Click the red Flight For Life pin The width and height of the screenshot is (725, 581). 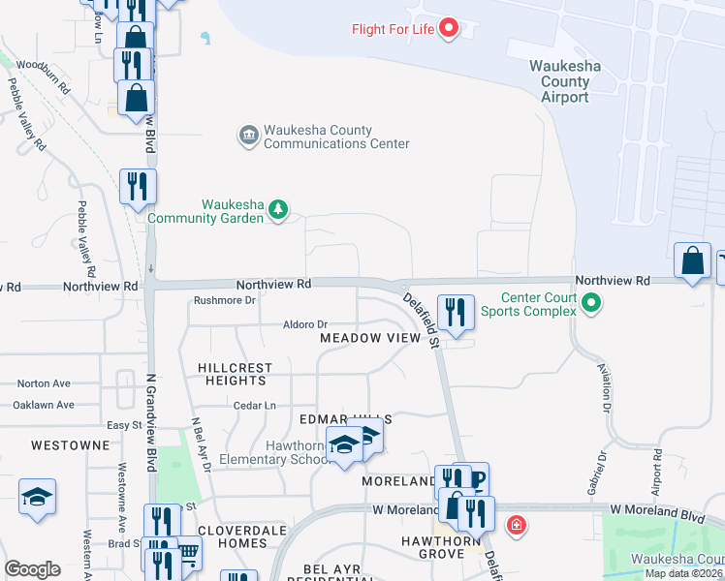449,28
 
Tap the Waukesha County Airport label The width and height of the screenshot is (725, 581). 566,81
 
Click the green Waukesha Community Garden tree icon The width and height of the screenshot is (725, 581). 278,208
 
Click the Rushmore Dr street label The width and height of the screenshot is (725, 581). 223,300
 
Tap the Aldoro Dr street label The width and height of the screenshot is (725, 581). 305,324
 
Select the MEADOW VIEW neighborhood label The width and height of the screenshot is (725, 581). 371,338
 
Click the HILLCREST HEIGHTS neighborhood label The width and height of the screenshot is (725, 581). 236,375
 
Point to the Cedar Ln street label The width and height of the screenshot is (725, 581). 254,405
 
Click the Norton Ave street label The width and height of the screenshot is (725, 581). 44,383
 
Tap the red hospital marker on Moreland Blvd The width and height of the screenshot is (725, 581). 518,525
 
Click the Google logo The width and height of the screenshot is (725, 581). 32,568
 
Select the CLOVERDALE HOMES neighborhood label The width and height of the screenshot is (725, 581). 232,536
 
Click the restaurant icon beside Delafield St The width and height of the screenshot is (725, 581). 456,312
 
